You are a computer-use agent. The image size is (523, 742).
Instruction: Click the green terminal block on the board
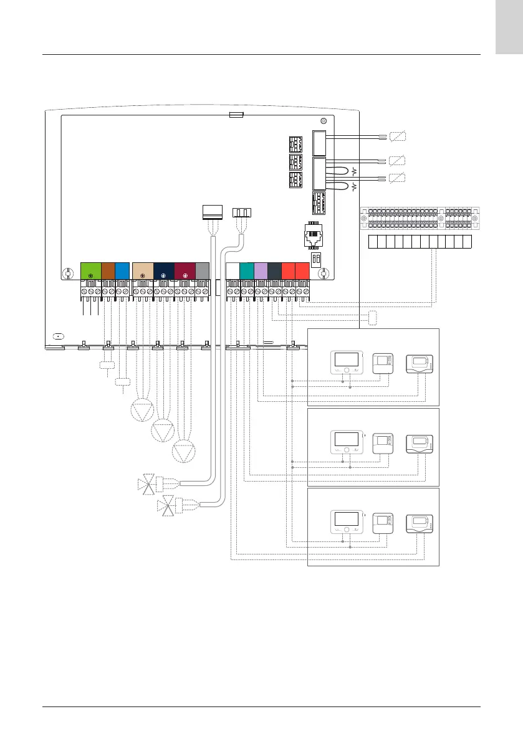(90, 272)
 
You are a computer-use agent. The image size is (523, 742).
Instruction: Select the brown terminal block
(108, 272)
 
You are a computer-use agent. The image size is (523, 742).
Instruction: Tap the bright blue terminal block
(122, 272)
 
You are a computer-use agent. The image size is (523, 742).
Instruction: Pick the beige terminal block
(143, 272)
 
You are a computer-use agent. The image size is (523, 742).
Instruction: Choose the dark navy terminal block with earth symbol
(163, 272)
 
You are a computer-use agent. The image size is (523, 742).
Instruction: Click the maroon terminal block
(185, 272)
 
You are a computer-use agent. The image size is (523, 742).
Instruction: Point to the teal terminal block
(246, 272)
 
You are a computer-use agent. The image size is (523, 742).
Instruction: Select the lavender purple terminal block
(261, 272)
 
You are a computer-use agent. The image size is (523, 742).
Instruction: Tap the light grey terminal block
(203, 272)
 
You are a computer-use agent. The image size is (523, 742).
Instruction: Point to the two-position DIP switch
(315, 259)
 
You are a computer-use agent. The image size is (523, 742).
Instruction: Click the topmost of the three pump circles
(142, 411)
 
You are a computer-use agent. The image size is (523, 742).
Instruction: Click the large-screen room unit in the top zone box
(346, 363)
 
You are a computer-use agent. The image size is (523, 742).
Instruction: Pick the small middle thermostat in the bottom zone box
(382, 522)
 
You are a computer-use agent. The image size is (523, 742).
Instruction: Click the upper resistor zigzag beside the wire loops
(355, 171)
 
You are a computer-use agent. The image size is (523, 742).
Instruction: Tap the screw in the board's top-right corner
(323, 122)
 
